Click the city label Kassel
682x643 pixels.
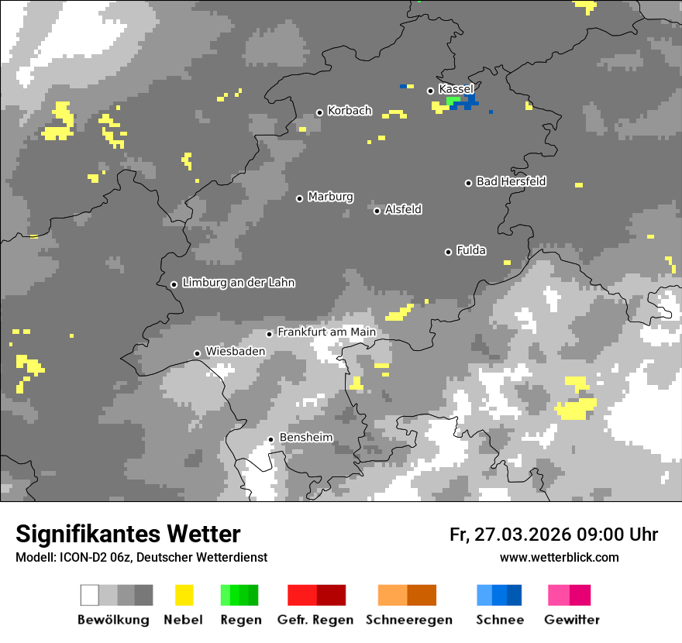coord(456,90)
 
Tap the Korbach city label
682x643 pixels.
coord(350,112)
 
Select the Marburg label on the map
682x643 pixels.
coord(330,197)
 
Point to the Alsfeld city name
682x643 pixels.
coord(403,210)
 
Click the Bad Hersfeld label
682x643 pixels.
coord(511,181)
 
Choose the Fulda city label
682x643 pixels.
coord(471,251)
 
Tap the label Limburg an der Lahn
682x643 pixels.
coord(238,283)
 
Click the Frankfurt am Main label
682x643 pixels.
coord(326,332)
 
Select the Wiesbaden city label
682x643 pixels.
coord(235,352)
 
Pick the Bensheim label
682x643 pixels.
coord(305,438)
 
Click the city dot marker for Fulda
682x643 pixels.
coord(448,252)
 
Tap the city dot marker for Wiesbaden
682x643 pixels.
coord(197,353)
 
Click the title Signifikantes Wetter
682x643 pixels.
coord(128,534)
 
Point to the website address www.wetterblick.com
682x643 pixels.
coord(559,558)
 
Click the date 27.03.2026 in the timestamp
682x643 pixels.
coord(521,535)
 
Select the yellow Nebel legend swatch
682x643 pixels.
coord(184,595)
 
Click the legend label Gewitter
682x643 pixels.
coord(571,620)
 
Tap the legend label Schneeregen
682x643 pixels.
coord(409,620)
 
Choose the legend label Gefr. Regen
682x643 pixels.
coord(315,620)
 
